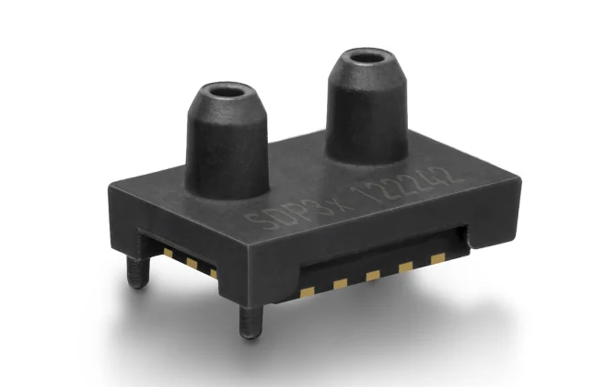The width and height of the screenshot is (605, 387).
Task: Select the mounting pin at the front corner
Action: point(249,321)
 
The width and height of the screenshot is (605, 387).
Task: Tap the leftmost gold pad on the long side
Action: point(308,291)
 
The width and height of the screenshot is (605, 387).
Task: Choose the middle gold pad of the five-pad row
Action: point(373,274)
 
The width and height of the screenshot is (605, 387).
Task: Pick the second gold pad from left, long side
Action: point(341,282)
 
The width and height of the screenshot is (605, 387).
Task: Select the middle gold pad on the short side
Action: point(191,262)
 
